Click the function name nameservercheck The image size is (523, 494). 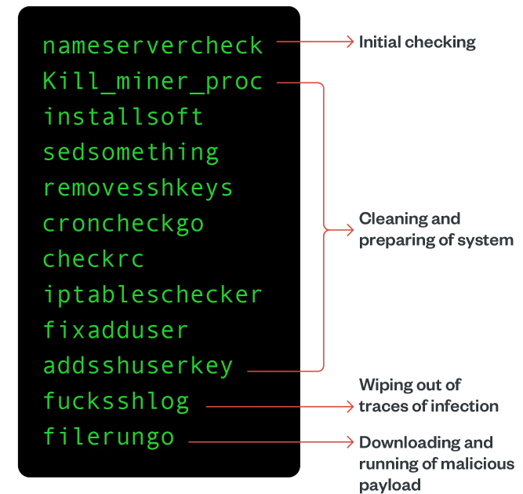tap(153, 46)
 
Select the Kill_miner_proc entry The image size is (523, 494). tap(153, 81)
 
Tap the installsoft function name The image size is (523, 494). tap(123, 117)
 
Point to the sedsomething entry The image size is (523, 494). tap(131, 152)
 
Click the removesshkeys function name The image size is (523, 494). tap(138, 188)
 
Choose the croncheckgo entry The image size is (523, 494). tap(123, 224)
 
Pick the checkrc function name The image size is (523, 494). tap(93, 259)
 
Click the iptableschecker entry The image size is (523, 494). tap(153, 295)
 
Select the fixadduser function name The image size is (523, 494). tap(115, 331)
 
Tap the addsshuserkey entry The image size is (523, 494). tap(138, 366)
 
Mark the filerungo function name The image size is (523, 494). tap(108, 437)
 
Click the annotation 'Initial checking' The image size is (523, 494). tap(417, 42)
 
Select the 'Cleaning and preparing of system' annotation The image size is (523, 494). tap(436, 229)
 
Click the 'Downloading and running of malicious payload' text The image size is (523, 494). tap(436, 463)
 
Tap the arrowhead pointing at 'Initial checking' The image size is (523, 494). tap(350, 42)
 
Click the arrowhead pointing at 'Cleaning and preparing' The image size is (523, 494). tap(350, 229)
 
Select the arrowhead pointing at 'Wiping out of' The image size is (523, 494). tap(350, 406)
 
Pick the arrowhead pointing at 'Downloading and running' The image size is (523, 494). tap(350, 442)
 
